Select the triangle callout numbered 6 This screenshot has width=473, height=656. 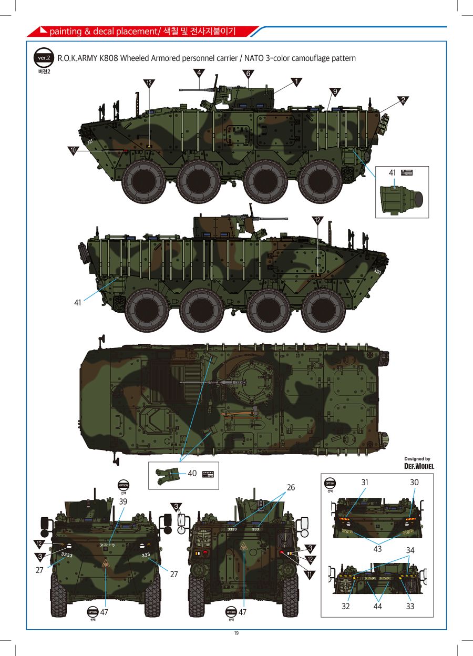(248, 73)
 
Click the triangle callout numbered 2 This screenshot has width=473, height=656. (403, 99)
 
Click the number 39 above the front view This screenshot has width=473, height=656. (122, 502)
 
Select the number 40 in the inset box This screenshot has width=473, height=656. (192, 473)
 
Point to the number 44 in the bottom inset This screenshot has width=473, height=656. (377, 606)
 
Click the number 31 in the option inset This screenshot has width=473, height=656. (365, 482)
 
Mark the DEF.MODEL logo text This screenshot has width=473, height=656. (419, 466)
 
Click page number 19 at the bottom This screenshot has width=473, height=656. (236, 633)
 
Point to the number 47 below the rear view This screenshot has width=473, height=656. (242, 612)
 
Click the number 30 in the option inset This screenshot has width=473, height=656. (414, 482)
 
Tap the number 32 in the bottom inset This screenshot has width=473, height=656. (345, 606)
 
